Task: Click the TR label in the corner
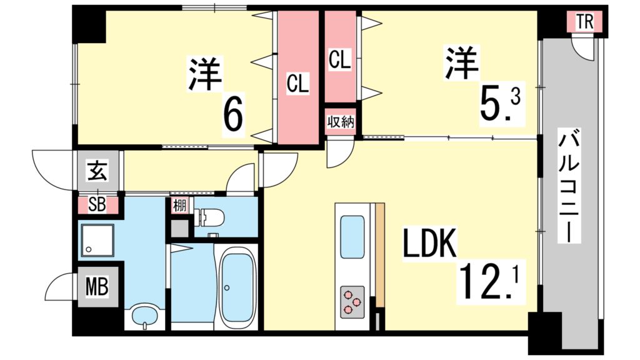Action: point(584,22)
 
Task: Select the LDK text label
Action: point(430,246)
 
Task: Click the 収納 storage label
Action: point(341,121)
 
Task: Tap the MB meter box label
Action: point(97,288)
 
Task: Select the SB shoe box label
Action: point(97,204)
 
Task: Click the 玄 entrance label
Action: point(97,171)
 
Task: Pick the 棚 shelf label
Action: point(179,205)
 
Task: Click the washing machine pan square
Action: point(97,240)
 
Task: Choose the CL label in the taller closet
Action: point(298,83)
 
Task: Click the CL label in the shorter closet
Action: point(340,61)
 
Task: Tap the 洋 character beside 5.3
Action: point(461,62)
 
